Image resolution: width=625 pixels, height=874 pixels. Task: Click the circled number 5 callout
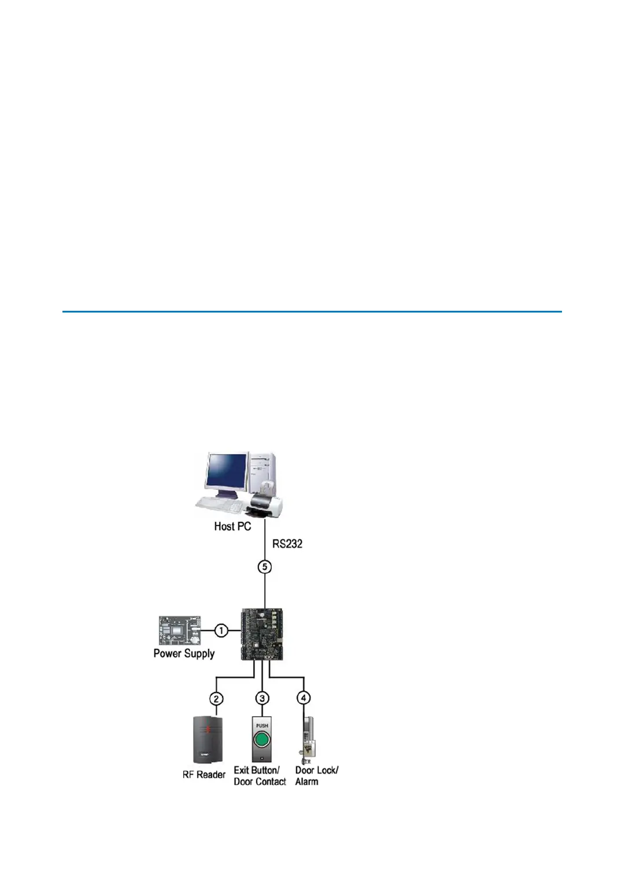tap(264, 567)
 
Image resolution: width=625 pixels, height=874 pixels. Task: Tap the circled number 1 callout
tap(221, 630)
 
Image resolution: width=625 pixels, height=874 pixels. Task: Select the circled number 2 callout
tap(216, 698)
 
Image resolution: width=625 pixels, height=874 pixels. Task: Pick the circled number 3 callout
tap(262, 698)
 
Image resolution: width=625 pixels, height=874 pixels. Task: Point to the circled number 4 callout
tap(304, 698)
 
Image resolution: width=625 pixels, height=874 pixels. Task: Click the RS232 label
tap(287, 544)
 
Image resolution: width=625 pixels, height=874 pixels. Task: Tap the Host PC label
tap(232, 526)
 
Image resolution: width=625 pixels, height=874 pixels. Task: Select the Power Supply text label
tap(184, 653)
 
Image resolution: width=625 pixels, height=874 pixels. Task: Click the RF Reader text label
tap(204, 775)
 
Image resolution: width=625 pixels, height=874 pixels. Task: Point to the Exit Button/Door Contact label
tap(260, 776)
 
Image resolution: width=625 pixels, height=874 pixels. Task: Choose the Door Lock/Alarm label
tap(316, 776)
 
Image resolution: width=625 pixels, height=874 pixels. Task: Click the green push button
tap(262, 740)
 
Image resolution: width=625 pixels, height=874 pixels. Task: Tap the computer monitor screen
tap(227, 478)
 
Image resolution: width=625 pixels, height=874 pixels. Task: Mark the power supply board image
tap(180, 631)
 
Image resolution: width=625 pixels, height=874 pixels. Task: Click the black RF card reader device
tap(208, 739)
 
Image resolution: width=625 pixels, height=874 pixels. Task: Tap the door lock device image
tap(307, 740)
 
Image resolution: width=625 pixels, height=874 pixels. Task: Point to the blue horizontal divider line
tap(312, 312)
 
